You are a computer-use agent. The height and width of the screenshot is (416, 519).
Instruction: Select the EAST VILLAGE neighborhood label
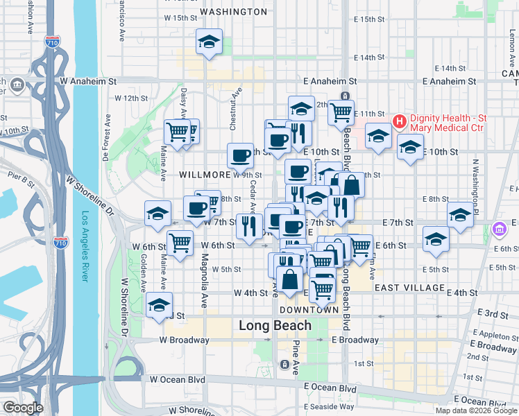[x=409, y=287]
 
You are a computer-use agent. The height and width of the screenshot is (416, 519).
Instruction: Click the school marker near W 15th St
[x=209, y=43]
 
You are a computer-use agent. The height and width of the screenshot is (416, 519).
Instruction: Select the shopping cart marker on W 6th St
[x=180, y=243]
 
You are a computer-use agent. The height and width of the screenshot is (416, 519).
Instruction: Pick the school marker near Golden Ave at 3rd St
[x=159, y=304]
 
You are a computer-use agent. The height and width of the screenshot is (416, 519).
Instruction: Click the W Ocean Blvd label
[x=178, y=379]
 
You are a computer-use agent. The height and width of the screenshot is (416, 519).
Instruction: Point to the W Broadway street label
[x=184, y=340]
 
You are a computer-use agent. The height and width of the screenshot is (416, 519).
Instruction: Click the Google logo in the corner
[x=22, y=408]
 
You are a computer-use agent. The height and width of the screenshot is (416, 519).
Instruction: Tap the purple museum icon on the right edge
[x=498, y=229]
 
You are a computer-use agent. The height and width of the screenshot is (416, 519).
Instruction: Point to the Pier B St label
[x=20, y=183]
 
